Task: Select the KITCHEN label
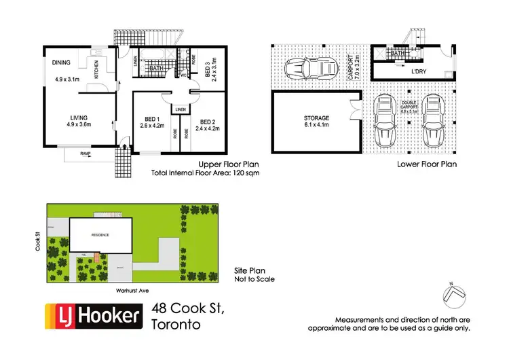point(96,69)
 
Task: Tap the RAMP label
point(85,154)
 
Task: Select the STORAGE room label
point(316,118)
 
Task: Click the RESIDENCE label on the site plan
point(100,235)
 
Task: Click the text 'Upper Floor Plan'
point(226,164)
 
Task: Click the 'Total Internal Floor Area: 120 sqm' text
point(206,174)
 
